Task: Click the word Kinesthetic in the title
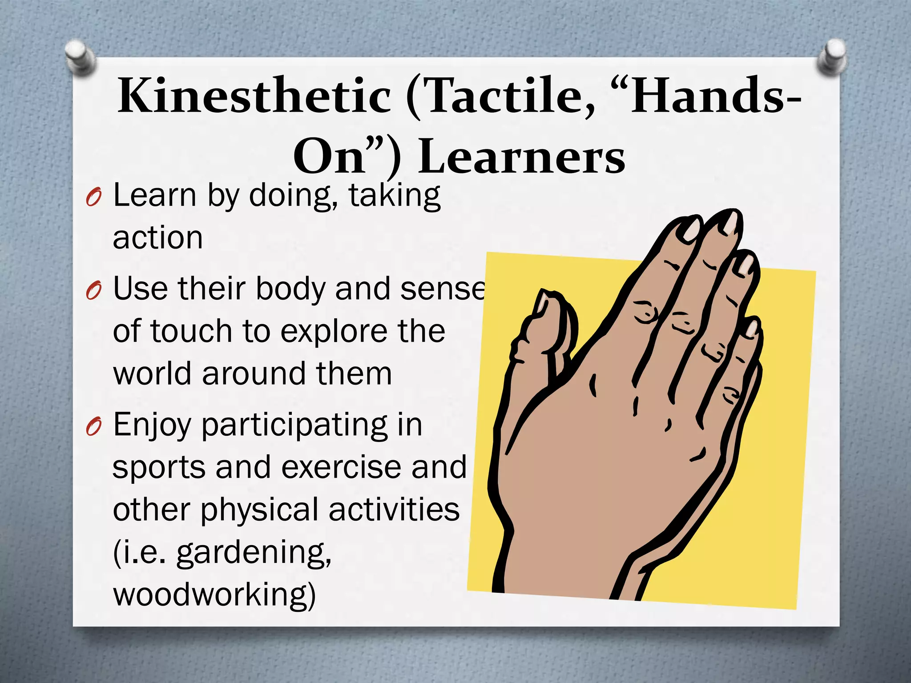point(254,96)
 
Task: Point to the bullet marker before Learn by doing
point(94,197)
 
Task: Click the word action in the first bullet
point(158,238)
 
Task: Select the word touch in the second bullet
point(192,332)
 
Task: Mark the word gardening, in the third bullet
point(254,553)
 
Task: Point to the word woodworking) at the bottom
point(214,595)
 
